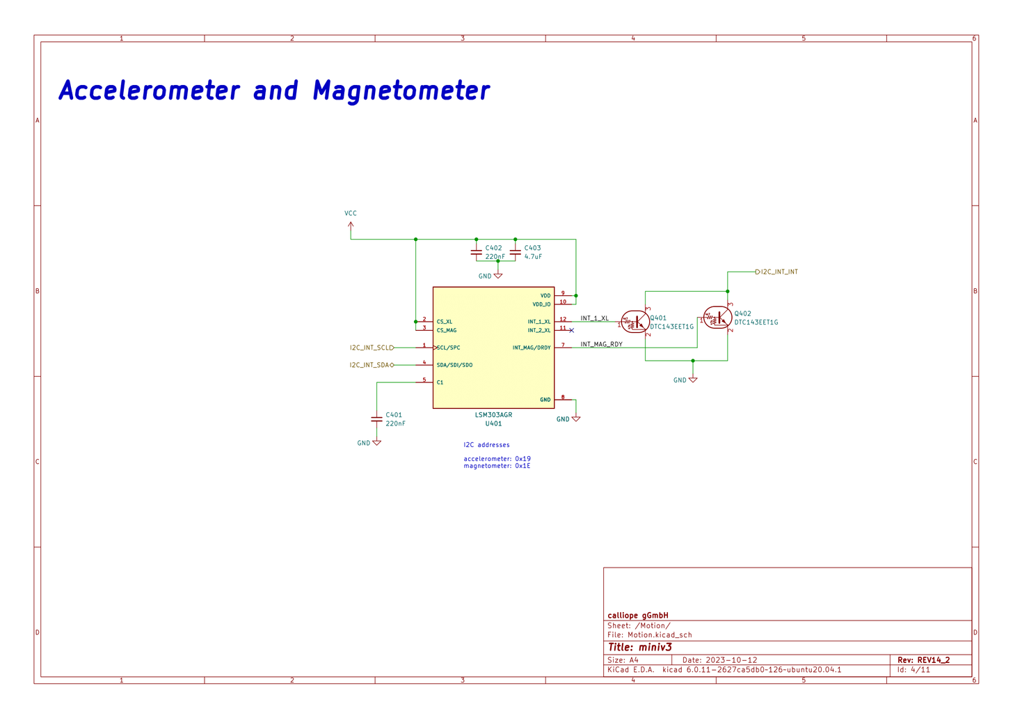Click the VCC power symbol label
(x=351, y=213)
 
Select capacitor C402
(x=477, y=252)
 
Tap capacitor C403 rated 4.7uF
(x=516, y=252)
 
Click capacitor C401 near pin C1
(x=376, y=419)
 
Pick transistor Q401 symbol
(x=635, y=322)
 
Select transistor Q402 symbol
(x=717, y=318)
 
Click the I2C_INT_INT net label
(x=779, y=272)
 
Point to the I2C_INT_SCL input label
(x=371, y=348)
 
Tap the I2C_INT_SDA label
(x=369, y=365)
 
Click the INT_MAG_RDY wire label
(x=601, y=344)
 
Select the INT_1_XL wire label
(x=594, y=318)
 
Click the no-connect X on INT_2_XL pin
(x=572, y=330)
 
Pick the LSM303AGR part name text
(x=493, y=415)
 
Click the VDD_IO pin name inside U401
(x=541, y=304)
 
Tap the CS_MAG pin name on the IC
(x=447, y=330)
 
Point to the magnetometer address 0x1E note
(x=497, y=466)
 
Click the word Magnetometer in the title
(x=401, y=91)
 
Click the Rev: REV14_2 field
(x=923, y=660)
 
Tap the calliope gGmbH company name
(x=638, y=615)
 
